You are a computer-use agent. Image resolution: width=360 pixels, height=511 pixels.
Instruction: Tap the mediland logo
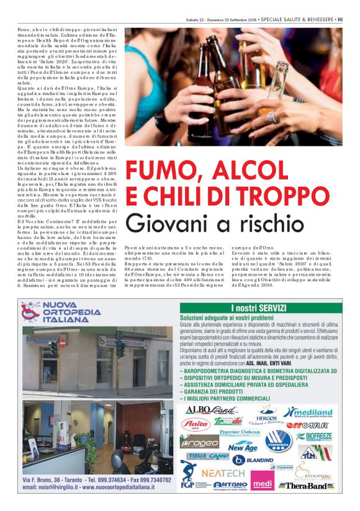(308, 412)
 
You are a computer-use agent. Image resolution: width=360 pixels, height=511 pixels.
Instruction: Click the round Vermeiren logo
(278, 440)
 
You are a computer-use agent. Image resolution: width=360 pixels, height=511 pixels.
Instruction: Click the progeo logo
(199, 441)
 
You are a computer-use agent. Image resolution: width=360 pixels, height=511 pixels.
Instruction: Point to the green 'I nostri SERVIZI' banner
(259, 307)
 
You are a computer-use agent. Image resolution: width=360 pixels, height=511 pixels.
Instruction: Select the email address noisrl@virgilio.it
(48, 489)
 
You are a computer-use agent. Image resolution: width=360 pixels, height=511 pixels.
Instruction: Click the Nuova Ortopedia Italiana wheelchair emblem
(29, 312)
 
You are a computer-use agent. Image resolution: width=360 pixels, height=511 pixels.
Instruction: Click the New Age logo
(243, 446)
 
